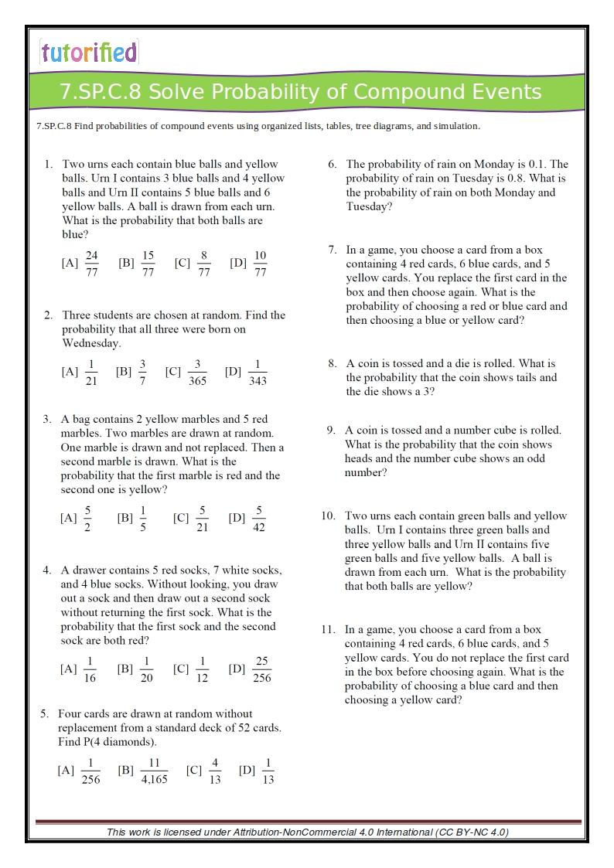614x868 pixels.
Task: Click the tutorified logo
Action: click(x=89, y=52)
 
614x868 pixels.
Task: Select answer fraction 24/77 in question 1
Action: click(x=92, y=264)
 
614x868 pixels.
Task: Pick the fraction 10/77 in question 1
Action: click(x=260, y=264)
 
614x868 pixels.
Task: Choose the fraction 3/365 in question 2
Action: click(x=197, y=373)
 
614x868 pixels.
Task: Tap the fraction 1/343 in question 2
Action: click(x=258, y=373)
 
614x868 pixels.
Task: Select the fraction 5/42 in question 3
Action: click(x=259, y=519)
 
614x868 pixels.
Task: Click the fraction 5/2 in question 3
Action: click(x=88, y=519)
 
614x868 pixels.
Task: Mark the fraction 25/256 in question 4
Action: click(x=262, y=669)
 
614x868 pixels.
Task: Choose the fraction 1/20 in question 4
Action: click(x=146, y=669)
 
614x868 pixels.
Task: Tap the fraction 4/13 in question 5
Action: click(x=215, y=771)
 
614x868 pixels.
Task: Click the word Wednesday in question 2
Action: click(x=91, y=343)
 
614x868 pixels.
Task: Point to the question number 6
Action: click(x=332, y=164)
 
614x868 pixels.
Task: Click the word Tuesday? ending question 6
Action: click(x=369, y=206)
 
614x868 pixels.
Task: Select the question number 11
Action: click(x=328, y=630)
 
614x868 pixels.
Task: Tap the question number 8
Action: click(x=332, y=363)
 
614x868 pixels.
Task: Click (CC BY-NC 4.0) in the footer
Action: click(x=472, y=832)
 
